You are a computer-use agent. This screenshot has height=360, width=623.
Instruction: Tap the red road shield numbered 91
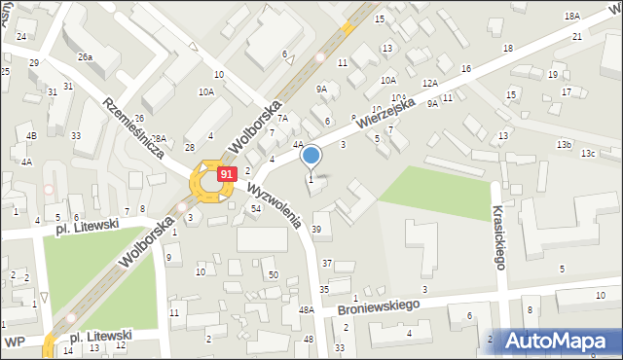(x=226, y=173)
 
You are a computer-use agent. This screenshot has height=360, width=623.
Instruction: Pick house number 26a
(x=86, y=57)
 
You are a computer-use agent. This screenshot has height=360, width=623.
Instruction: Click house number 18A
(x=571, y=17)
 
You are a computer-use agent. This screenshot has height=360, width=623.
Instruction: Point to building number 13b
(x=564, y=144)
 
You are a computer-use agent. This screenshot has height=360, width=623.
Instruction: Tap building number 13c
(x=588, y=154)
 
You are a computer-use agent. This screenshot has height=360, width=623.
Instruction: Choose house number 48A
(x=306, y=309)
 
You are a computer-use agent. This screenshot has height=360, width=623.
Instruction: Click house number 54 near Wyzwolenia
(x=256, y=209)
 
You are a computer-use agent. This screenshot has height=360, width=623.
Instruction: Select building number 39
(x=316, y=229)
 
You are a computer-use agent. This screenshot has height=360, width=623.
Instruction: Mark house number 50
(x=274, y=275)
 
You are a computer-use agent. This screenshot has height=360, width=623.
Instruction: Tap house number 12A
(x=430, y=85)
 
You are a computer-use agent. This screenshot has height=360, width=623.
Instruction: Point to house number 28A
(x=159, y=139)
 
